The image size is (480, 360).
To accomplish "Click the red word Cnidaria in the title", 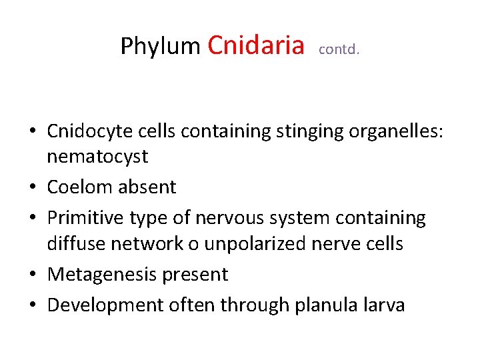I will (x=256, y=45).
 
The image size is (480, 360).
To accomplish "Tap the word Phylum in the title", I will (x=160, y=47).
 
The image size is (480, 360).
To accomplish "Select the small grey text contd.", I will (x=339, y=49).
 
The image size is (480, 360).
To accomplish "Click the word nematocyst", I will (x=97, y=157).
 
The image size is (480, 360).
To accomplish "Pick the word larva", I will (x=383, y=305).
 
